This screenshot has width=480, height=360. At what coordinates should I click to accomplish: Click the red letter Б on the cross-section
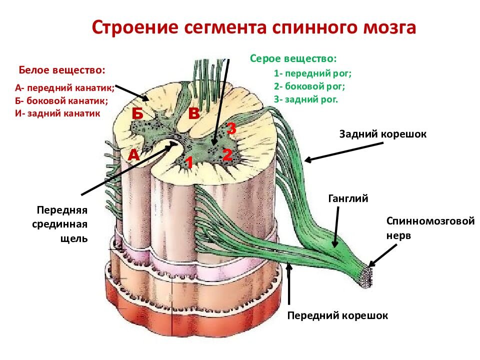click(x=137, y=113)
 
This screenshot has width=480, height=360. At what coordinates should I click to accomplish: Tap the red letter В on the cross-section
click(x=194, y=113)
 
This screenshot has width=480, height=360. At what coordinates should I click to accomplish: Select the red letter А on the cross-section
click(x=133, y=155)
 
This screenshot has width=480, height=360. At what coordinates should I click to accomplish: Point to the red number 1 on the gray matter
click(x=189, y=162)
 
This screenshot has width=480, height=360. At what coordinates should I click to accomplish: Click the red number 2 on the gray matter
click(x=227, y=154)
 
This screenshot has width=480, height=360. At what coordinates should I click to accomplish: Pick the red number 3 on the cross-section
click(x=231, y=128)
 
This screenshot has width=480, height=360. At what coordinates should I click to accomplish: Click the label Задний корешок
click(x=382, y=134)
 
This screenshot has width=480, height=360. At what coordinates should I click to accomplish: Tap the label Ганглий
click(x=348, y=198)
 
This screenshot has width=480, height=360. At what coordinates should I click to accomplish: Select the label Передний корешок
click(x=337, y=315)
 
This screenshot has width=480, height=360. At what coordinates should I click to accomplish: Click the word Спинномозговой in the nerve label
click(x=430, y=220)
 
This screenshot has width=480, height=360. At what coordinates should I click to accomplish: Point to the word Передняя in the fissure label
click(x=62, y=210)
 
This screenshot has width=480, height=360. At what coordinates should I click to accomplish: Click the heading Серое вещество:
click(x=293, y=58)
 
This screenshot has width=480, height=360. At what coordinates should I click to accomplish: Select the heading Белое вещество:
click(x=62, y=70)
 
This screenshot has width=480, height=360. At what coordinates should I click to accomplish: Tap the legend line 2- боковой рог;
click(x=309, y=86)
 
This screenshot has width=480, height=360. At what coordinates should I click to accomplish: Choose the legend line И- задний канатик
click(x=57, y=113)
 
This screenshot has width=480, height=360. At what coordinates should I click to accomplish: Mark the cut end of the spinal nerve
click(x=366, y=277)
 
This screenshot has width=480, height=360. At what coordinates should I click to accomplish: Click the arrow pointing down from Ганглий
click(x=336, y=227)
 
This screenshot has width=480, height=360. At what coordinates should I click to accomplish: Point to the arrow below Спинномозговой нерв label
click(x=382, y=255)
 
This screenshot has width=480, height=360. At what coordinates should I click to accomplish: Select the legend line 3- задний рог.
click(x=306, y=99)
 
